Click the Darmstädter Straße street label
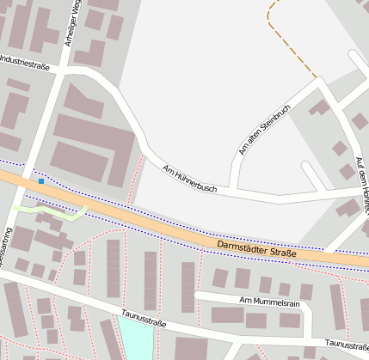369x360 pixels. pos(257,250)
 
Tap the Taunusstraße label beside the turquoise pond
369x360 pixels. pos(144,320)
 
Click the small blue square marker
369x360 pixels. pos(40,181)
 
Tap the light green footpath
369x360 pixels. pos(52,211)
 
